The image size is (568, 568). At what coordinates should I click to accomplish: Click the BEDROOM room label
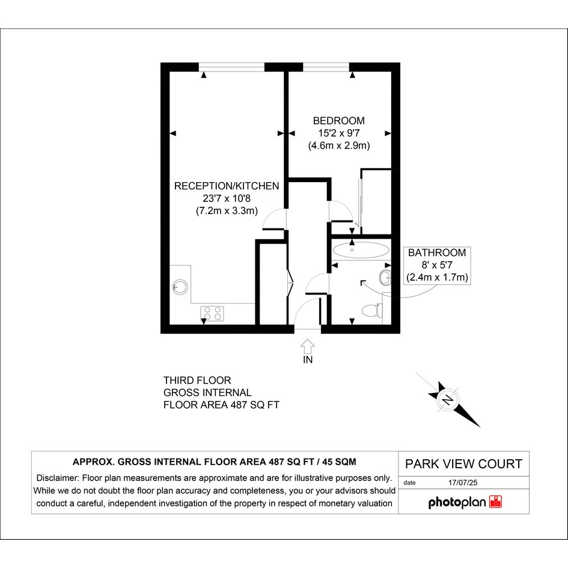pyautogui.click(x=339, y=121)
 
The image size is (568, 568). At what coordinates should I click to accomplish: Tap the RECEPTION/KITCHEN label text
pyautogui.click(x=227, y=186)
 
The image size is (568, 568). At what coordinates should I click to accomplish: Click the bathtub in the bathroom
pyautogui.click(x=361, y=249)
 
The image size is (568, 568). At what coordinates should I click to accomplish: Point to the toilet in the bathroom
pyautogui.click(x=372, y=310)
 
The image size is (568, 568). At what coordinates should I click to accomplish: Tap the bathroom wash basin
pyautogui.click(x=385, y=278)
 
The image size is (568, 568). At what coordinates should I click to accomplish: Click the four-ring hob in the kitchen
pyautogui.click(x=212, y=313)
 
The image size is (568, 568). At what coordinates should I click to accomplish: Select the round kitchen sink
pyautogui.click(x=180, y=287)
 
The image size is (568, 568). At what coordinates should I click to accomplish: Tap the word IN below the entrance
pyautogui.click(x=308, y=359)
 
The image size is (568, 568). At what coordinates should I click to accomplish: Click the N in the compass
pyautogui.click(x=448, y=400)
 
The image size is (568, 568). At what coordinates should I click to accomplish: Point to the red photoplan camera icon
pyautogui.click(x=495, y=502)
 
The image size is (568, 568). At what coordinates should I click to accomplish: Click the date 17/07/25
pyautogui.click(x=463, y=483)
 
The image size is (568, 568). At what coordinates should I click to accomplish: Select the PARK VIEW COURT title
pyautogui.click(x=463, y=464)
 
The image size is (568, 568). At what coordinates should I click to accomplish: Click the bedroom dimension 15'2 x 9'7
pyautogui.click(x=339, y=133)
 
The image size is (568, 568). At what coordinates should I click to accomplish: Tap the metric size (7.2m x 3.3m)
pyautogui.click(x=227, y=211)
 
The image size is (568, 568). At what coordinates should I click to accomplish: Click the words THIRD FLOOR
pyautogui.click(x=197, y=380)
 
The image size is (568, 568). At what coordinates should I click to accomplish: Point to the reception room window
pyautogui.click(x=232, y=67)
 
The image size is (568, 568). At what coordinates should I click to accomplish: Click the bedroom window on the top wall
pyautogui.click(x=326, y=67)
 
